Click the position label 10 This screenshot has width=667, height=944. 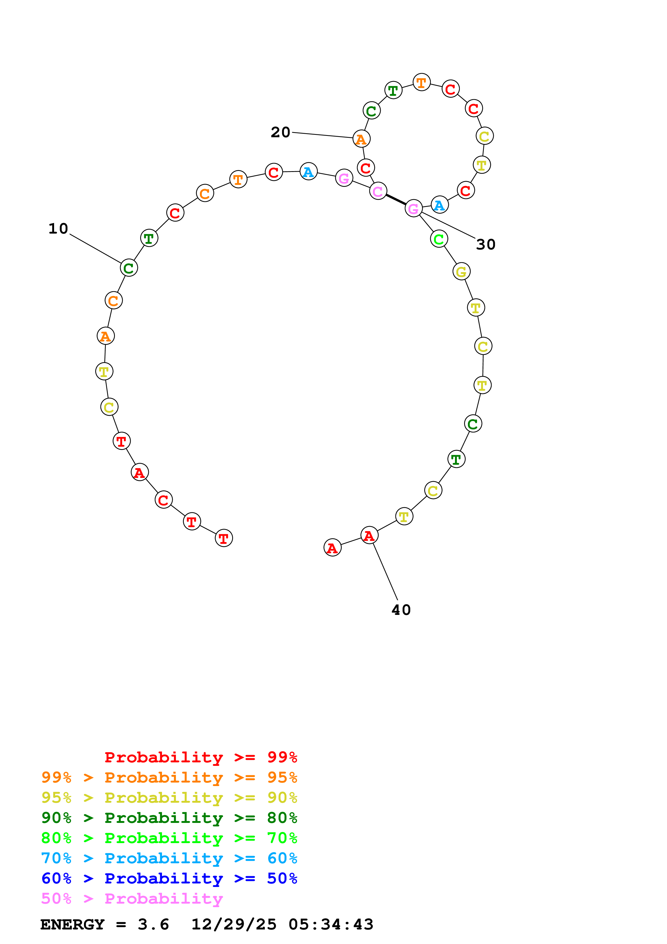point(58,228)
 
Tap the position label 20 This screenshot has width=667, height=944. point(280,132)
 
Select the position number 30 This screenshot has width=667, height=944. point(485,245)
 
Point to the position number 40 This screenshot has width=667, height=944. point(401,610)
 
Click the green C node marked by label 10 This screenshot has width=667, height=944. point(129,268)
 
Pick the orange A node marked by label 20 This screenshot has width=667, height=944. point(361,139)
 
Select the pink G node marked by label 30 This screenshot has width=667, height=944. point(414,209)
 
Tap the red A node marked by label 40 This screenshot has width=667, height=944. point(369,535)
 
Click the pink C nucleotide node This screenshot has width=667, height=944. point(378,191)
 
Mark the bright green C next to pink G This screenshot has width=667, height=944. point(439,239)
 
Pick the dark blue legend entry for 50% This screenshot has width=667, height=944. point(169,879)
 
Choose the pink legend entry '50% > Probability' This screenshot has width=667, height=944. point(132,899)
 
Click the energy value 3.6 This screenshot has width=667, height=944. point(153,925)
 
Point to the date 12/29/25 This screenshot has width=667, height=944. point(234,925)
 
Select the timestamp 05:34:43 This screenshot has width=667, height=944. point(331,925)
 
